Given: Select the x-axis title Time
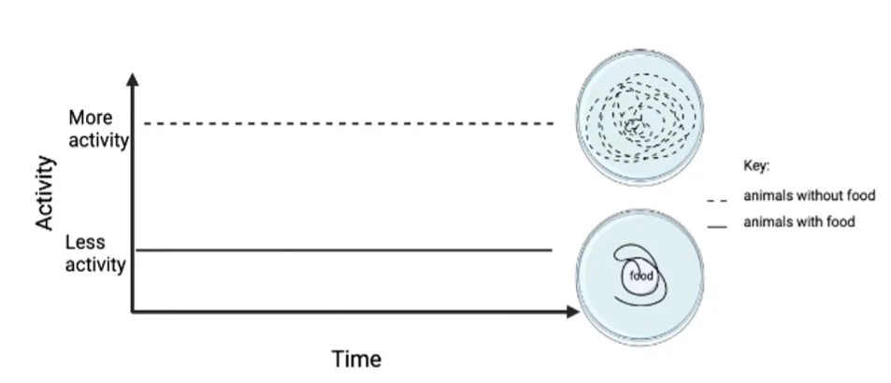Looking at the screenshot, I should coord(356,359).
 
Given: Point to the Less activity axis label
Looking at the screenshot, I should coord(95,253).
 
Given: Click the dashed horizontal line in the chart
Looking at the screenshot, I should coord(346,123).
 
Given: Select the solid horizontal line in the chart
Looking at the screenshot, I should coord(346,250).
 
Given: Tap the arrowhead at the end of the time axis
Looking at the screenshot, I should coord(571,312).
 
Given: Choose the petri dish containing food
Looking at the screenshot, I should coord(639,272).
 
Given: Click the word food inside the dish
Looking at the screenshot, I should coord(641,276).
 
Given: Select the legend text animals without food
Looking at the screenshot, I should coord(809,195).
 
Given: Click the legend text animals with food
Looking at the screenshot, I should coord(799,221).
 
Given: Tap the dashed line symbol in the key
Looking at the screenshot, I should coord(718,199).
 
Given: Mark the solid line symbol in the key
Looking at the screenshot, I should coord(718,225).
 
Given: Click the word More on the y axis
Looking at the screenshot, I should coord(90,119).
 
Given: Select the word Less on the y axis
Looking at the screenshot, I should coord(85,242).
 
